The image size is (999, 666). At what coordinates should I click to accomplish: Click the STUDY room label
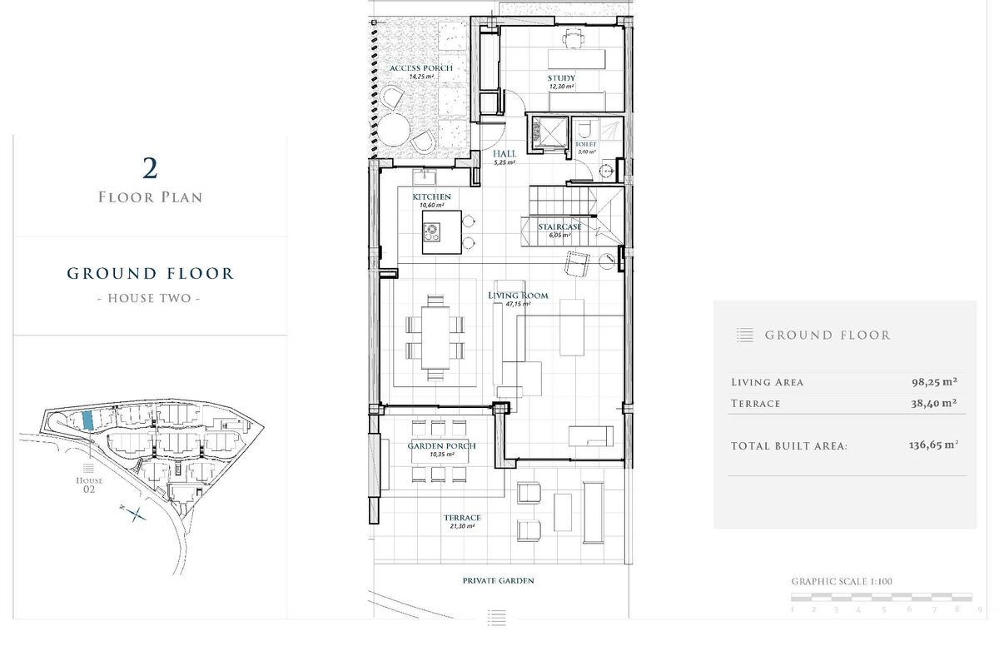pos(561,79)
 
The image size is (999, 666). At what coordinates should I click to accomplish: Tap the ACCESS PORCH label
pos(420,68)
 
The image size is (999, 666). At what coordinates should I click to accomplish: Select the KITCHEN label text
pos(431,197)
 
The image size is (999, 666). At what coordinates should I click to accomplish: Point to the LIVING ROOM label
pos(518,296)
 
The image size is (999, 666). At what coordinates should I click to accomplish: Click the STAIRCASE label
pos(559,226)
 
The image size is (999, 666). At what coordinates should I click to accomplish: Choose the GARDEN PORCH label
pos(441,446)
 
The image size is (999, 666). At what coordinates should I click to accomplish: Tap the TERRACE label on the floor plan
pos(462,518)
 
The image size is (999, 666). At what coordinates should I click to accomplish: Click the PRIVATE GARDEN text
pos(498,580)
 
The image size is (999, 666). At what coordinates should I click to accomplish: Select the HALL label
pos(504,154)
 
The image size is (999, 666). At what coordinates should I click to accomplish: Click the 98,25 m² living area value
pos(933,382)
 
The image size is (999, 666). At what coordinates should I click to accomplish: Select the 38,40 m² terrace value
pos(933,403)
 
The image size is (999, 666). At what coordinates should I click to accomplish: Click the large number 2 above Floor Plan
pos(150,169)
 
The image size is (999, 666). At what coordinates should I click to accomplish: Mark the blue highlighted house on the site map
pos(88,420)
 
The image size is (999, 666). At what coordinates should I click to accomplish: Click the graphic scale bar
pos(881,597)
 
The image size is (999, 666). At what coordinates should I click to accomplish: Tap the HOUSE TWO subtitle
pos(150,298)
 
